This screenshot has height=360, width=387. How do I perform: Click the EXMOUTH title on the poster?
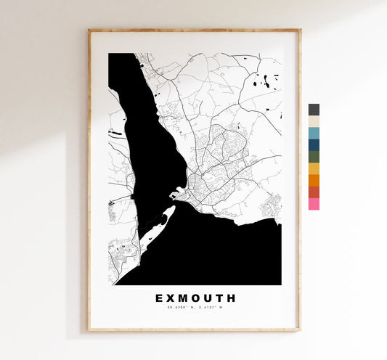click(x=195, y=298)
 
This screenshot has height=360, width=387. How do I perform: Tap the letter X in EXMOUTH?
click(x=170, y=298)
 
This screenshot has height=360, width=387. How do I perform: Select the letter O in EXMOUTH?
click(x=196, y=298)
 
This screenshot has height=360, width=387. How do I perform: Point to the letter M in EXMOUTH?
click(x=182, y=298)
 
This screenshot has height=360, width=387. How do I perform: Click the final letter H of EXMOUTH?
click(x=232, y=298)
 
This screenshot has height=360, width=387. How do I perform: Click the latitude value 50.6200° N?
click(x=181, y=308)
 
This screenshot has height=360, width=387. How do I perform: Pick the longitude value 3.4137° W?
click(x=211, y=308)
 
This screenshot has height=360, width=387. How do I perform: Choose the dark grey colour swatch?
click(x=314, y=110)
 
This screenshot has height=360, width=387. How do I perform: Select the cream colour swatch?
click(x=314, y=121)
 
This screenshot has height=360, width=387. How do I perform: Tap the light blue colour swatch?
click(x=314, y=133)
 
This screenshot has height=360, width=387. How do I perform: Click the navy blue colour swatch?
click(x=314, y=144)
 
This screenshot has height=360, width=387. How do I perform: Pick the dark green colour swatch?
click(x=314, y=157)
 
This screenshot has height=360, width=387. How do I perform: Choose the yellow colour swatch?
click(x=314, y=168)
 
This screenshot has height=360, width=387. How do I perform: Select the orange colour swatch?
click(x=314, y=180)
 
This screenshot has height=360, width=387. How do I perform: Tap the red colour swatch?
click(x=314, y=192)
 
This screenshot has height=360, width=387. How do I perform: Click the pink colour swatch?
click(x=314, y=204)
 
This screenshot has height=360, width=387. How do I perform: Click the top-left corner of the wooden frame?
click(x=89, y=30)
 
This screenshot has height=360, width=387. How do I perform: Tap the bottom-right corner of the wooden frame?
click(x=299, y=330)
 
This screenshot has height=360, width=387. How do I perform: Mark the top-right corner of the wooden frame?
click(x=299, y=30)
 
